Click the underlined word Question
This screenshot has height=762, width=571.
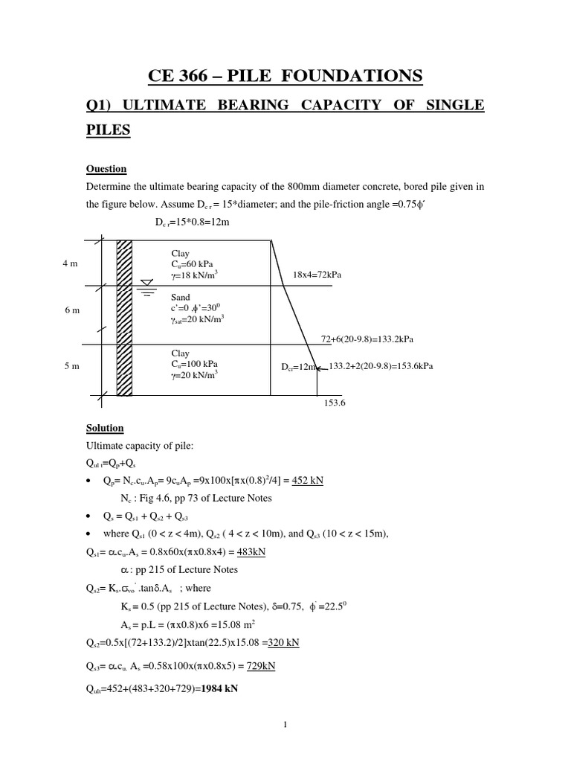[106, 168]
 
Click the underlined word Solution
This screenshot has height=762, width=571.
[106, 429]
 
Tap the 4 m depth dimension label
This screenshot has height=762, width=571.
[71, 263]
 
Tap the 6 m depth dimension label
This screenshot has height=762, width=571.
[71, 310]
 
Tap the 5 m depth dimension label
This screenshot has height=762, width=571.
[71, 366]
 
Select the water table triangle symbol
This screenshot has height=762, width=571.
[146, 282]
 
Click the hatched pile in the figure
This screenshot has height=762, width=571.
[124, 317]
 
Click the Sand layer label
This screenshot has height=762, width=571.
[180, 296]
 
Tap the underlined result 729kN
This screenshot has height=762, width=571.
[260, 666]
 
